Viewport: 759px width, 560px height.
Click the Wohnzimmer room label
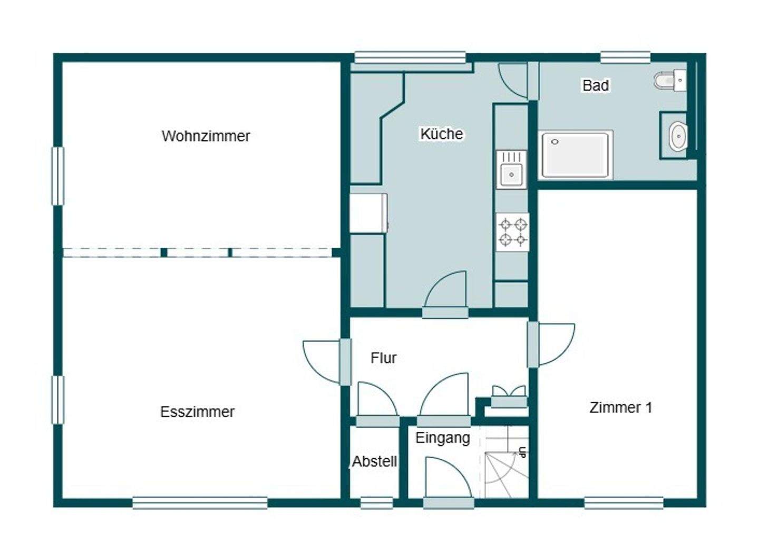pyautogui.click(x=206, y=136)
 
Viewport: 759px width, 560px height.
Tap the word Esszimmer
pyautogui.click(x=197, y=412)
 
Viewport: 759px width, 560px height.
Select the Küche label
pyautogui.click(x=442, y=134)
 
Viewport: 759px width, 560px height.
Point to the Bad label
pyautogui.click(x=596, y=85)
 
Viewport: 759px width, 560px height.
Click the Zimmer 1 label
pyautogui.click(x=621, y=408)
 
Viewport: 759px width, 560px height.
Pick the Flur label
pyautogui.click(x=383, y=358)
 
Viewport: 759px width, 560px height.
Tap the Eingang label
pyautogui.click(x=443, y=438)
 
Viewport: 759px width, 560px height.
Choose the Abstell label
pyautogui.click(x=374, y=462)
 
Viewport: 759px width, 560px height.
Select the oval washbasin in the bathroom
pyautogui.click(x=678, y=136)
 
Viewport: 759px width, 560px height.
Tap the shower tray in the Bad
pyautogui.click(x=577, y=155)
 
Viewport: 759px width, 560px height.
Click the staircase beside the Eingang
pyautogui.click(x=505, y=462)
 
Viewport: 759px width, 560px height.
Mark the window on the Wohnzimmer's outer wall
pyautogui.click(x=57, y=176)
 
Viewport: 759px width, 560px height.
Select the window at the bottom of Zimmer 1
pyautogui.click(x=624, y=503)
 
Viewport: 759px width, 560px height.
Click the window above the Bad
pyautogui.click(x=626, y=57)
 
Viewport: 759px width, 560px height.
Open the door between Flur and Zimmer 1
pyautogui.click(x=551, y=344)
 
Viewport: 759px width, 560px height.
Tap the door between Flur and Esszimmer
pyautogui.click(x=327, y=362)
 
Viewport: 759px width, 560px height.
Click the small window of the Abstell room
pyautogui.click(x=376, y=503)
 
